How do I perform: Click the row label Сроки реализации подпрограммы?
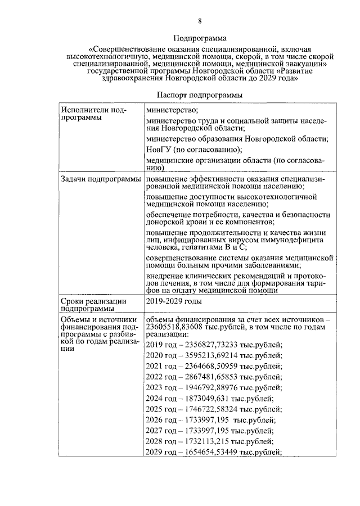coord(92,304)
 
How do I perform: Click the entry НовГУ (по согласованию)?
coord(193,149)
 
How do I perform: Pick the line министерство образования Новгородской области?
coord(237,138)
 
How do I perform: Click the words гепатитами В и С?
coord(216,247)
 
